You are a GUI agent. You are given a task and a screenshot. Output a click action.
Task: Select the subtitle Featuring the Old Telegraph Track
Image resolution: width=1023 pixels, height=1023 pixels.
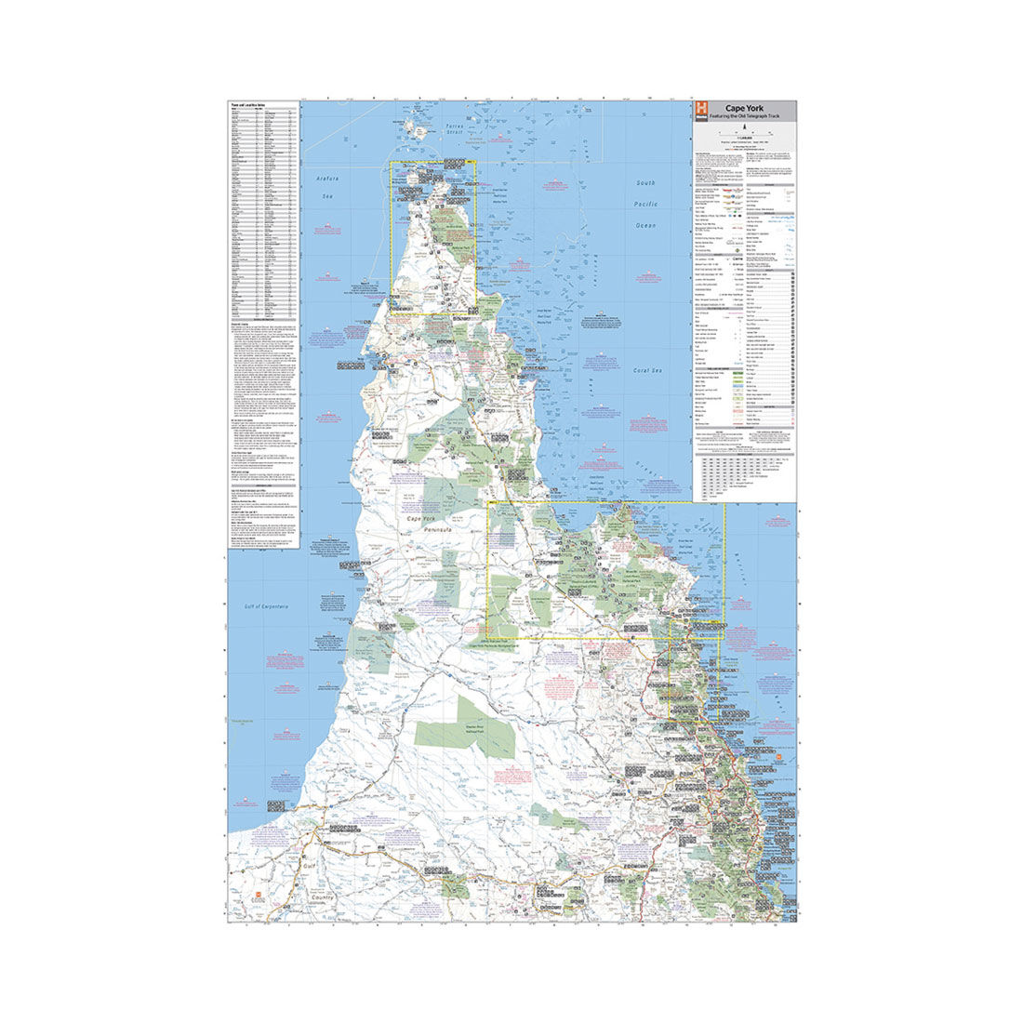click(x=740, y=116)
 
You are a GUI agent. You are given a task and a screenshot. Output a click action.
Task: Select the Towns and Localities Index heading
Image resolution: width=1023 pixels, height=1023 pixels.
click(x=251, y=106)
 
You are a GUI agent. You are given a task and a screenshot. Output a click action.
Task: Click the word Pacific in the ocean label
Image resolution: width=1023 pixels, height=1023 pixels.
click(x=645, y=204)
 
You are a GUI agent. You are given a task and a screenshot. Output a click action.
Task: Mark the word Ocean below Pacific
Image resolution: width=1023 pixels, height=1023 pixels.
click(x=645, y=224)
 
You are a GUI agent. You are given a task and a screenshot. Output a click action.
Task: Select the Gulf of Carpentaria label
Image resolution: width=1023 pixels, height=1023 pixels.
click(x=267, y=606)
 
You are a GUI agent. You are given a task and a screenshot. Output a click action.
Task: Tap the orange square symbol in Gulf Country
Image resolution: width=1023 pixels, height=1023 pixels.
click(x=257, y=896)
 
